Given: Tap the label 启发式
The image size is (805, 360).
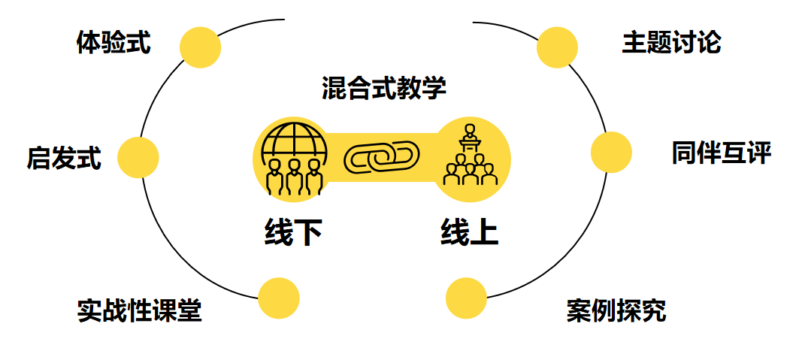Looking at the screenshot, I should click(64, 158).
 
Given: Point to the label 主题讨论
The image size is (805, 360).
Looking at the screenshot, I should click(671, 43).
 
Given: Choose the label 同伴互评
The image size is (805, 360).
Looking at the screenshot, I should click(722, 153).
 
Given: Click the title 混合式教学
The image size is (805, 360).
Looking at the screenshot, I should click(384, 88).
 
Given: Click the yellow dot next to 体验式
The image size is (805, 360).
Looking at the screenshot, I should click(200, 47).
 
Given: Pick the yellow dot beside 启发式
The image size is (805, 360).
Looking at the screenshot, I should click(138, 157).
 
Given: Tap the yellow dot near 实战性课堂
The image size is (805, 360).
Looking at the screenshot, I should click(278, 298).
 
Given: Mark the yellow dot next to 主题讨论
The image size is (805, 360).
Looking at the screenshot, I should click(557, 47).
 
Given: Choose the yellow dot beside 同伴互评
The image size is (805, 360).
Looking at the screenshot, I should click(611, 152).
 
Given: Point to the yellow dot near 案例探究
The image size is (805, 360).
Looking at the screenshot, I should click(466, 298).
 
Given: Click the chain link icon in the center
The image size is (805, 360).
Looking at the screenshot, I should click(382, 158).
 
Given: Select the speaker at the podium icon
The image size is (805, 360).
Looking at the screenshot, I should click(471, 135).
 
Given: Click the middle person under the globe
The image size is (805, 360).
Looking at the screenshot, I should click(294, 176).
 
